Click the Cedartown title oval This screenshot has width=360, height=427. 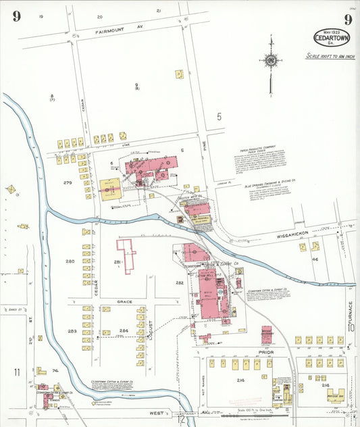[x=331, y=36]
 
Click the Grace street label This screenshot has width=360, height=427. [x=125, y=301]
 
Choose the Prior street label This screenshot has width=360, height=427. [x=267, y=351]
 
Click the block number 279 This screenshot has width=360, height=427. [x=68, y=183]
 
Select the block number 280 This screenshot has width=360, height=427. [x=70, y=261]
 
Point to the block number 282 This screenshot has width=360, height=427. [x=180, y=282]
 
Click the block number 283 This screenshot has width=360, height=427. [x=72, y=331]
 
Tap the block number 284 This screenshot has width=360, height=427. [x=124, y=331]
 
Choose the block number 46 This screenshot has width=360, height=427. [x=315, y=259]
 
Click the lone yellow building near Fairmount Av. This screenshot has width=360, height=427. [x=179, y=74]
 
